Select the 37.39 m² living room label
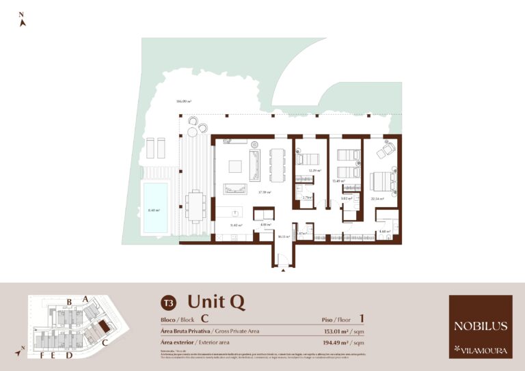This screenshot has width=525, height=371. pos(264,193)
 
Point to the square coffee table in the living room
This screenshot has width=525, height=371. pos(234,166)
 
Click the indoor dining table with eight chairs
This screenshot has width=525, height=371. pos(278,164)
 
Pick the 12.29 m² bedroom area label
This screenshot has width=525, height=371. pos(314,171)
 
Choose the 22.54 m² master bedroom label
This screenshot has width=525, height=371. pos(377,199)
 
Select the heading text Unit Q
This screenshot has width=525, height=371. pos(216,301)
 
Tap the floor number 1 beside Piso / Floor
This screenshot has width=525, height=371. pos(361,318)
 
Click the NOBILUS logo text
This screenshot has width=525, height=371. pos(480,326)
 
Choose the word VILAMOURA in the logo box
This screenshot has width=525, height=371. pos(485,351)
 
